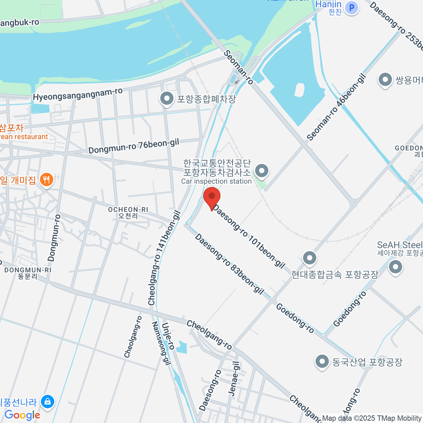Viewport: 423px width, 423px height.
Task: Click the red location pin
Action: tap(212, 197)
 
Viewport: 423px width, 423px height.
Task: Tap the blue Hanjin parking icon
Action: tap(351, 7)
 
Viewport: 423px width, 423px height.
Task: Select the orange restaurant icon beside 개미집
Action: tap(46, 180)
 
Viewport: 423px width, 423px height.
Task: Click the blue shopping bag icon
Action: tap(47, 401)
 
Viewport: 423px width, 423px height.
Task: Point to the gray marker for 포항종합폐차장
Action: tap(167, 99)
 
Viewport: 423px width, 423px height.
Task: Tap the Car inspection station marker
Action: tap(262, 172)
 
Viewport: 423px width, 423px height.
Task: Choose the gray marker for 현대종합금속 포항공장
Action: tap(309, 258)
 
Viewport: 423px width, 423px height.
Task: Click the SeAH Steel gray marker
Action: tap(395, 267)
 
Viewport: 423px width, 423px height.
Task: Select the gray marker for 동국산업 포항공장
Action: tap(322, 361)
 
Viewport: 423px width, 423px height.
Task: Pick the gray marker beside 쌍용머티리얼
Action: tap(385, 80)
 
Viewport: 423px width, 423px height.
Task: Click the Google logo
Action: tap(23, 415)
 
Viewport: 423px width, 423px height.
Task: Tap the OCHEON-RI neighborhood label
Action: tap(128, 213)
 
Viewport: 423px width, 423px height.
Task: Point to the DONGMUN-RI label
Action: tap(27, 273)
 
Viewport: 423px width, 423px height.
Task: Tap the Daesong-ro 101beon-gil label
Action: tap(249, 236)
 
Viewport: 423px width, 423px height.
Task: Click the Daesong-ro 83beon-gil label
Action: tap(229, 264)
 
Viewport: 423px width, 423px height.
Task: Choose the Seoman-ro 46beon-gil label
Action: tap(336, 107)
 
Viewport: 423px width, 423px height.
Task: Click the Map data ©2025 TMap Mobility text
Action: tap(372, 418)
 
